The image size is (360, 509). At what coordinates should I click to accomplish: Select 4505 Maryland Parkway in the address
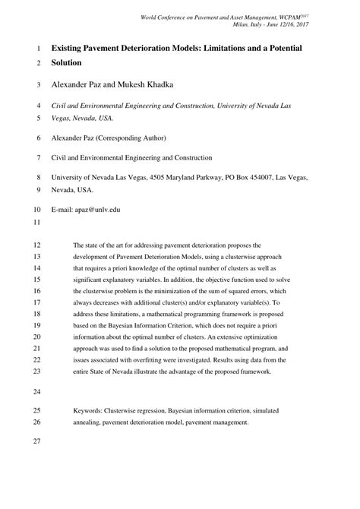(x=161, y=177)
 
